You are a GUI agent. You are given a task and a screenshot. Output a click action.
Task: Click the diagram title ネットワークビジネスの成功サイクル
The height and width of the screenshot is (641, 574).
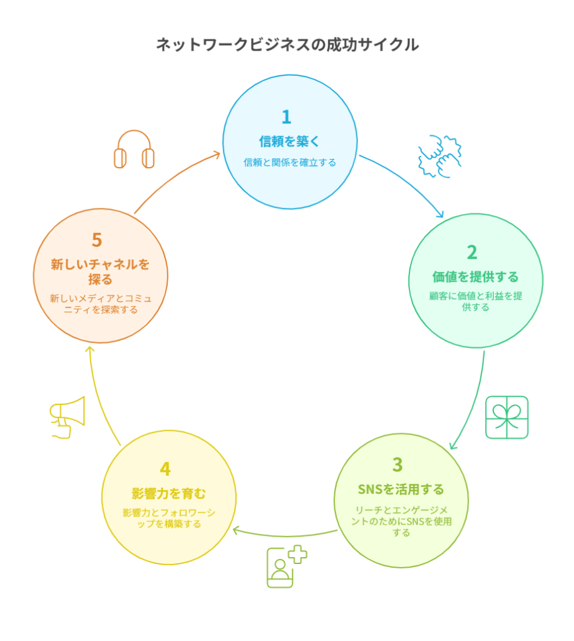(287, 44)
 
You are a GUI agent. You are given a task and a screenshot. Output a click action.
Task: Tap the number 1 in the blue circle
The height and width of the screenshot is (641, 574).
(286, 117)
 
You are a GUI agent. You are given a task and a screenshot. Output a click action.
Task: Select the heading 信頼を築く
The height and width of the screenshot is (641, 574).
(289, 141)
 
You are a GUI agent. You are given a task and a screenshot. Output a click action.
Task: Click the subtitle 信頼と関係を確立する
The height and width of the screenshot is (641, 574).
(290, 163)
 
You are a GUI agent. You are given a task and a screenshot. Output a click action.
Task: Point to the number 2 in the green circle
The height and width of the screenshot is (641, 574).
(472, 252)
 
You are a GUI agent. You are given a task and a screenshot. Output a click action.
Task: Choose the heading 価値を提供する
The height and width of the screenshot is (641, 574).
(476, 277)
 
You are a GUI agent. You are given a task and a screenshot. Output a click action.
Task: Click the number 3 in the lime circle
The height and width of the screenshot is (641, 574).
(397, 465)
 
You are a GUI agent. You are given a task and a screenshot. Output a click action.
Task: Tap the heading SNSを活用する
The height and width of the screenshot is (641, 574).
(401, 490)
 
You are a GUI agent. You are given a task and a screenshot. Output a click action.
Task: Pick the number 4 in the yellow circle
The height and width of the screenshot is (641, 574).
(165, 469)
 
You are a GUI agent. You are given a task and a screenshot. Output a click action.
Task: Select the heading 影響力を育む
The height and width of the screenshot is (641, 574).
(168, 494)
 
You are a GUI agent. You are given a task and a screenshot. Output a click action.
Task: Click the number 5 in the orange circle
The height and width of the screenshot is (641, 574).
(97, 240)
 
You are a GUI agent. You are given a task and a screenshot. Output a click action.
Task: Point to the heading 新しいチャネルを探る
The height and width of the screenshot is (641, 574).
(100, 272)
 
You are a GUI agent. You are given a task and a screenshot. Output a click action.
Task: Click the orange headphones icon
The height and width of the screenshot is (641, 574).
(134, 149)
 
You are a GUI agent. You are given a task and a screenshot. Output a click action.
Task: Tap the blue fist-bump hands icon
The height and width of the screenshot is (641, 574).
(439, 156)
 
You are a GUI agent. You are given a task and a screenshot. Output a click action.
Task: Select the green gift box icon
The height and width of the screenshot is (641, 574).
(506, 418)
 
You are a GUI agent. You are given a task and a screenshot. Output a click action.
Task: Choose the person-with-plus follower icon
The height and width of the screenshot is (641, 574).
(286, 567)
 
